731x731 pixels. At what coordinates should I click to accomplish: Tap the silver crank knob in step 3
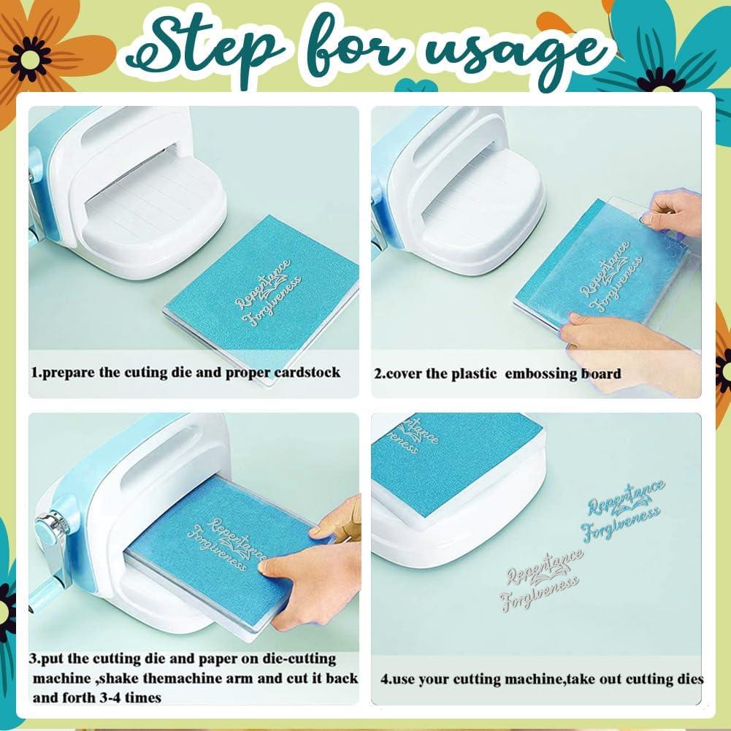coord(50,527)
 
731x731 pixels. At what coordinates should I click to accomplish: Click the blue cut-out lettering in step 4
coord(625,508)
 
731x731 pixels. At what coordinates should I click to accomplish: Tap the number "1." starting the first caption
coord(37,372)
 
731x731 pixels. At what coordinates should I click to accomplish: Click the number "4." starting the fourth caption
coord(388,679)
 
